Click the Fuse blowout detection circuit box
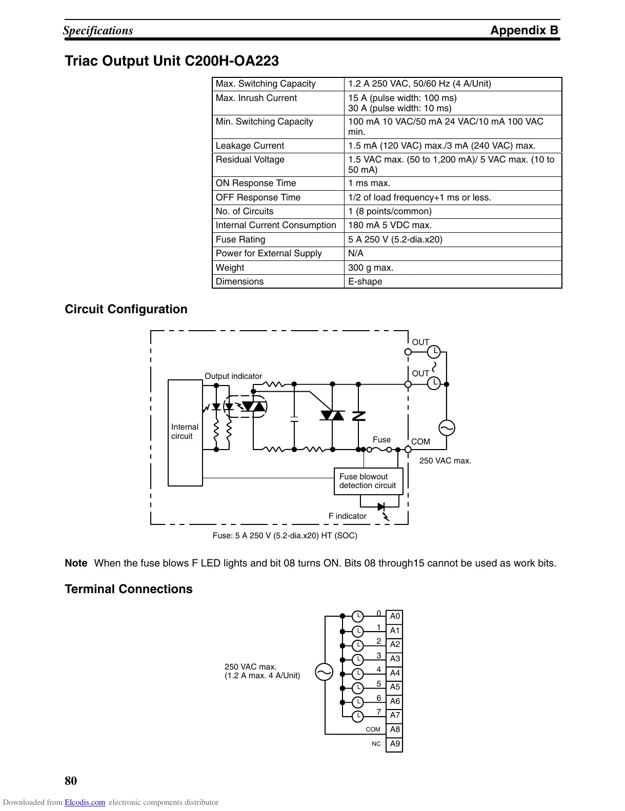tap(368, 481)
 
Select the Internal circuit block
tap(185, 432)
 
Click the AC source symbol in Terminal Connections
tap(324, 672)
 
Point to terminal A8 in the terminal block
tap(394, 729)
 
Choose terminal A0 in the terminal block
tap(394, 616)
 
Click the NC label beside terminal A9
tap(376, 744)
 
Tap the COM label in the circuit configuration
tap(420, 442)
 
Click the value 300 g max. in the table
tap(371, 268)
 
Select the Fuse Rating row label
tap(240, 239)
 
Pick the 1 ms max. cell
tap(369, 183)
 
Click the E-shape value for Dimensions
tap(365, 281)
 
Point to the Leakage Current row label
tap(250, 146)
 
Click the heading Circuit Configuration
tap(126, 309)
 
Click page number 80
tap(71, 781)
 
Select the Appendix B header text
tap(524, 30)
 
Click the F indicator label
tap(348, 516)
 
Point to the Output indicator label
tap(233, 376)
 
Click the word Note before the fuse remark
tap(76, 563)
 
